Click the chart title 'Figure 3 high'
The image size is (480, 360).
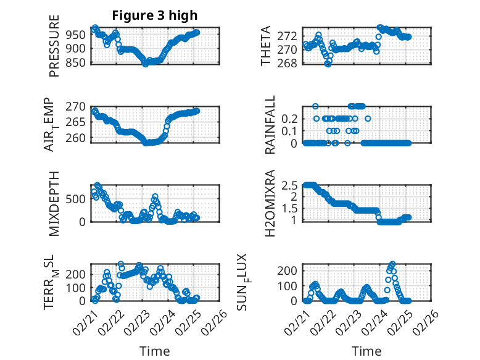click(155, 15)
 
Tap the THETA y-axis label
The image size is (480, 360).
click(266, 46)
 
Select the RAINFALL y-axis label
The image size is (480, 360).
click(270, 124)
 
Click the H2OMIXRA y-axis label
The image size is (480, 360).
click(270, 203)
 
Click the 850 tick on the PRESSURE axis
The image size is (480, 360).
click(78, 62)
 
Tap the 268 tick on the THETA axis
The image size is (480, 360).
click(291, 63)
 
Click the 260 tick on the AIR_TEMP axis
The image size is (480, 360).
click(78, 136)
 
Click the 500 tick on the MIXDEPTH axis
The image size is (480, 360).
click(78, 198)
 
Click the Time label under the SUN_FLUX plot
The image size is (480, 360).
click(366, 351)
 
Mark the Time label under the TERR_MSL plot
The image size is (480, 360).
click(155, 351)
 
